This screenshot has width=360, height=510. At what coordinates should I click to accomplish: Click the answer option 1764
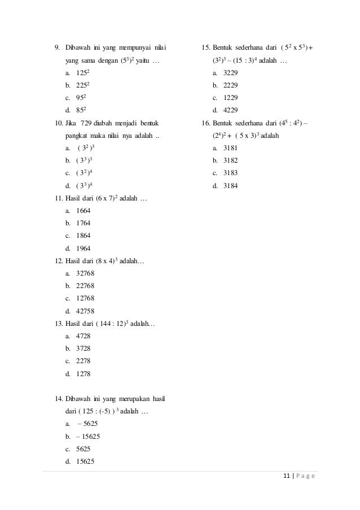click(x=83, y=223)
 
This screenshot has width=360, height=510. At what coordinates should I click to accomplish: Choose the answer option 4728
click(x=83, y=335)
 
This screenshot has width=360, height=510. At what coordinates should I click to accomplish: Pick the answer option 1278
click(x=83, y=373)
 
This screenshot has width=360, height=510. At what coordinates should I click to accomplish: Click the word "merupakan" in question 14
click(x=125, y=398)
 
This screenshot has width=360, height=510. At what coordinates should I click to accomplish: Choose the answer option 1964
click(x=83, y=248)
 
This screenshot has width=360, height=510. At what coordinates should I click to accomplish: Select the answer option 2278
click(x=83, y=360)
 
